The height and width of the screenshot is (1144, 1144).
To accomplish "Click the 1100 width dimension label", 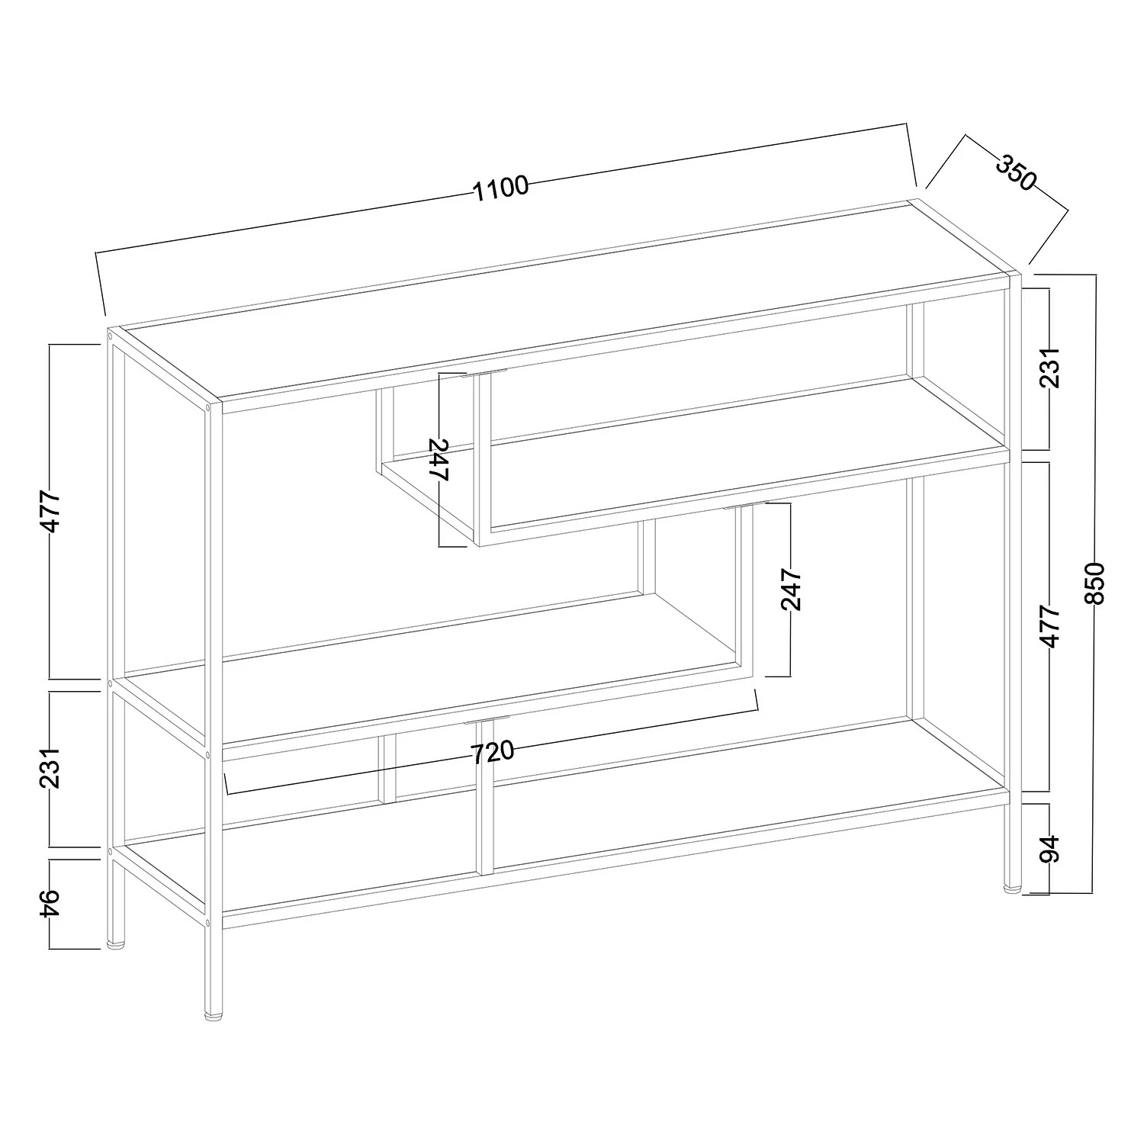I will pos(501,187).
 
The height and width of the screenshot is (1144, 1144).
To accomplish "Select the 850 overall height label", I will pos(1095,583).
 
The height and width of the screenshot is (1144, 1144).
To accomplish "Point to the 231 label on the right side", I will pos(1050,367).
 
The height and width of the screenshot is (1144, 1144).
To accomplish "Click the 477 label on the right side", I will pos(1050,627).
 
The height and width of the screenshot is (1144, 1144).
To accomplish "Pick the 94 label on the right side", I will pos(1050,849).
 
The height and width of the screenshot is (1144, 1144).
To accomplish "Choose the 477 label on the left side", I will pos(50,511).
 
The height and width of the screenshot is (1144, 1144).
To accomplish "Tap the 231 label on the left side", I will pos(50,769).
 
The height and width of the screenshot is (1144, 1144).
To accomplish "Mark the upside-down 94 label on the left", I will pos(50,905).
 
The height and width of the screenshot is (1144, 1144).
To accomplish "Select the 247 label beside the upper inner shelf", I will pos(439,459).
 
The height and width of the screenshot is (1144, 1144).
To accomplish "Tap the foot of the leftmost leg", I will pos(117,945).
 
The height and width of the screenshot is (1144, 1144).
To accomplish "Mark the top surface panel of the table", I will pos(564,305).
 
